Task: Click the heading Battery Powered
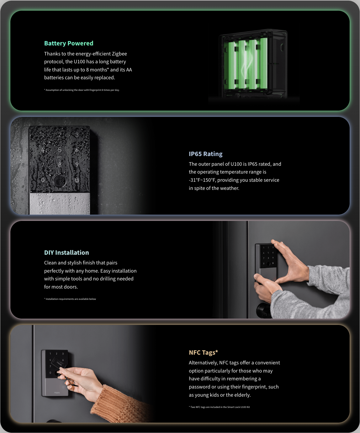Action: coord(69,43)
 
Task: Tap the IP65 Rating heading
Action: coord(205,154)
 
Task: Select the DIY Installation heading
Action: coord(66,253)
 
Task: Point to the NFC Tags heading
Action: coord(203,352)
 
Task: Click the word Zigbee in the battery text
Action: coord(119,54)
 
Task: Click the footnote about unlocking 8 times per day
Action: coord(82,90)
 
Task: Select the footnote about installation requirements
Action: coord(70,299)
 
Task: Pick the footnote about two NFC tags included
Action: coord(219,407)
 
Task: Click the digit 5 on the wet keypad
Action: coord(60,150)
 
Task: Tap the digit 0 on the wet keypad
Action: coord(43,180)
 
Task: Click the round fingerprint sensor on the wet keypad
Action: coord(60,181)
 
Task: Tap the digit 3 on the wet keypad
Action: coord(77,135)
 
